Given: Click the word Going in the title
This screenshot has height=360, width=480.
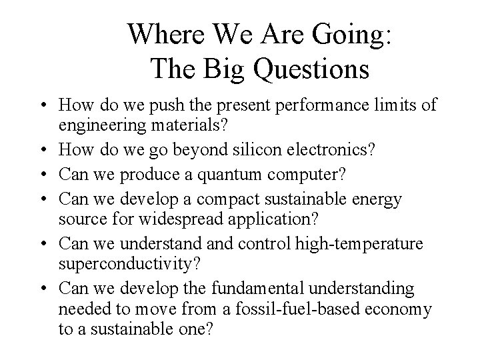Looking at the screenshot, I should (x=346, y=35).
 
